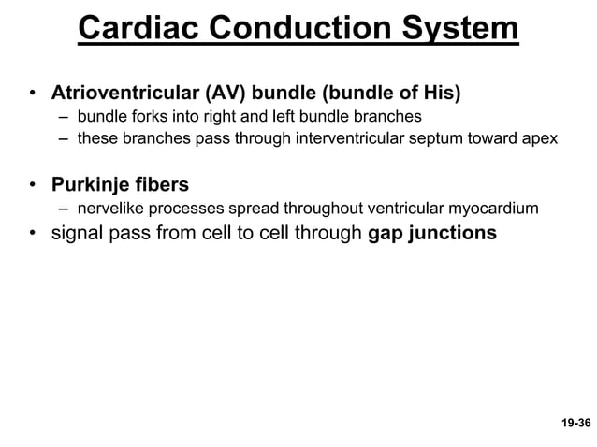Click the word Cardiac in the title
(137, 29)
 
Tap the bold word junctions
(453, 233)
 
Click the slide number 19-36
(575, 424)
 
